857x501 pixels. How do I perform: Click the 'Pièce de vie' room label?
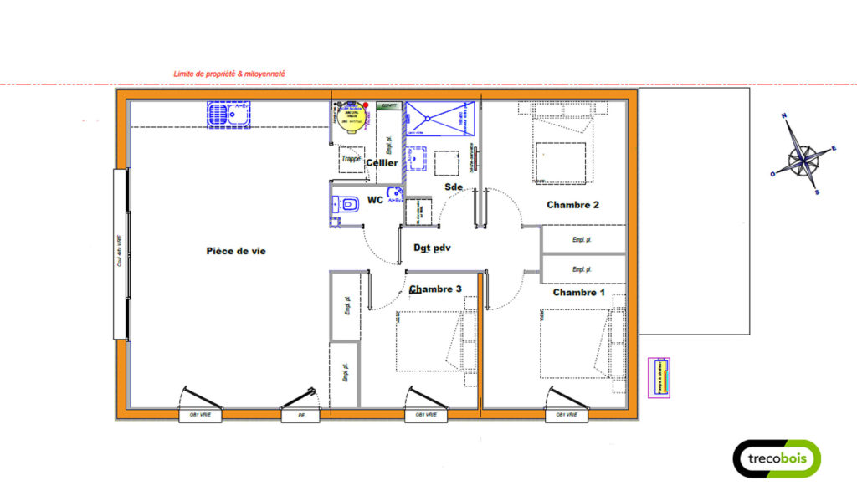coord(236,251)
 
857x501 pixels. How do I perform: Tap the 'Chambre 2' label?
coord(572,205)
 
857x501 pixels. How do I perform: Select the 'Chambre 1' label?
coord(578,293)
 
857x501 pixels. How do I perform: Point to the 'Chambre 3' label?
coord(435,289)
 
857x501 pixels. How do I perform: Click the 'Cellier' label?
coord(382,163)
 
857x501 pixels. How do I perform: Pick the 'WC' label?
coord(375,201)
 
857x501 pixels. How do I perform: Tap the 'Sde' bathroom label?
coord(454,187)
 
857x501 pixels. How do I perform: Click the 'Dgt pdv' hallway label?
coord(433,248)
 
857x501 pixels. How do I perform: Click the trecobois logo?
coord(777,458)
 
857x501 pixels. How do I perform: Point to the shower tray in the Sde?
coord(439,118)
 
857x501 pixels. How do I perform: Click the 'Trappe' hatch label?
coord(352,159)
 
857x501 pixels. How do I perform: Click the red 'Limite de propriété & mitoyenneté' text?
coord(229,74)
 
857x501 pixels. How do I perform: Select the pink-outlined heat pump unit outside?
coord(659,377)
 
